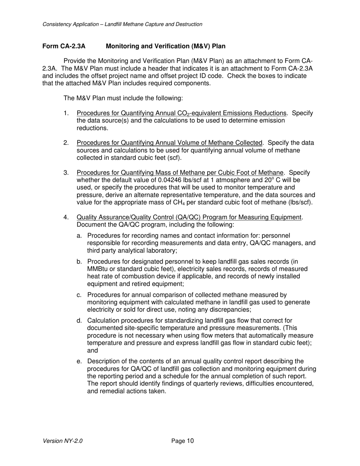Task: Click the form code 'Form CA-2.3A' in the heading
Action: (x=64, y=46)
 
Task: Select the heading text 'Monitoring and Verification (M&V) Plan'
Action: (x=166, y=46)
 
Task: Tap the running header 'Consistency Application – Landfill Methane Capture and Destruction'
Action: (x=122, y=24)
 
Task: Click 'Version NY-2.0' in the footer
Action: (x=63, y=441)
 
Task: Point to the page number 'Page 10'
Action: (x=182, y=441)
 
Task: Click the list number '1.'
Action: (x=66, y=113)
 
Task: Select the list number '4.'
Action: (x=66, y=217)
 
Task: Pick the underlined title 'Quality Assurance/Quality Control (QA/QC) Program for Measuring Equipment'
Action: (x=189, y=217)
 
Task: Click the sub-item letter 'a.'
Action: (x=79, y=236)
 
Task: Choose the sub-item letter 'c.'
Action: (x=79, y=295)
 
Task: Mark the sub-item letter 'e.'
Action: (x=79, y=361)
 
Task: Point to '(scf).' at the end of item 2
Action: (x=168, y=158)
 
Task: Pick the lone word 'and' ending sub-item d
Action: (x=92, y=350)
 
